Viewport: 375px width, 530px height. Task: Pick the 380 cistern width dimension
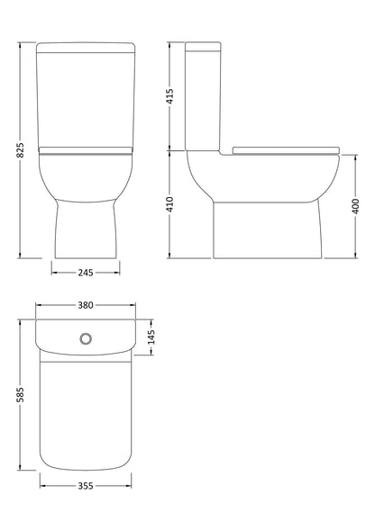click(86, 305)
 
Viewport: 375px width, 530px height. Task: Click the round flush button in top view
click(86, 339)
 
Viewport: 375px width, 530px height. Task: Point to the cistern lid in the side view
click(204, 46)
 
